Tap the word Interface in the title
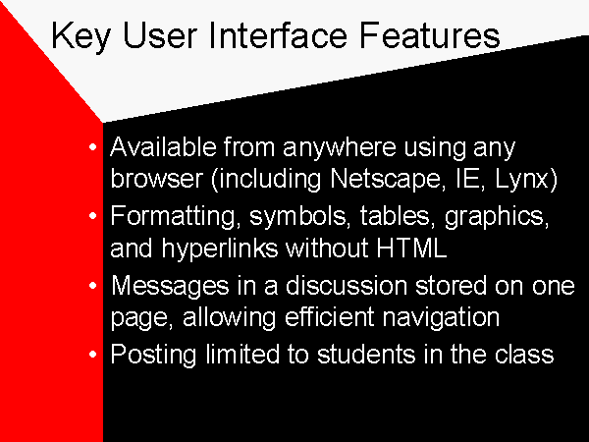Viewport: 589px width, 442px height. (278, 35)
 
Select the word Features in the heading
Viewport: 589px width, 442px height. (430, 35)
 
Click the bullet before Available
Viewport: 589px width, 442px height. (93, 147)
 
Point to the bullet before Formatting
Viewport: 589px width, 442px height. (93, 216)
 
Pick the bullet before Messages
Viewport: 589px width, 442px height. (93, 285)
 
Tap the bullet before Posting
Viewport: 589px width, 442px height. (93, 354)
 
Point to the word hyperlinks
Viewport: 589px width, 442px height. (220, 249)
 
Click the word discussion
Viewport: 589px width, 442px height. (347, 286)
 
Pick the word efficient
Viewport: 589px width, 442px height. (330, 317)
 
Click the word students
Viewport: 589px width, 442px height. (366, 355)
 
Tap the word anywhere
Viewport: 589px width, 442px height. (340, 148)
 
